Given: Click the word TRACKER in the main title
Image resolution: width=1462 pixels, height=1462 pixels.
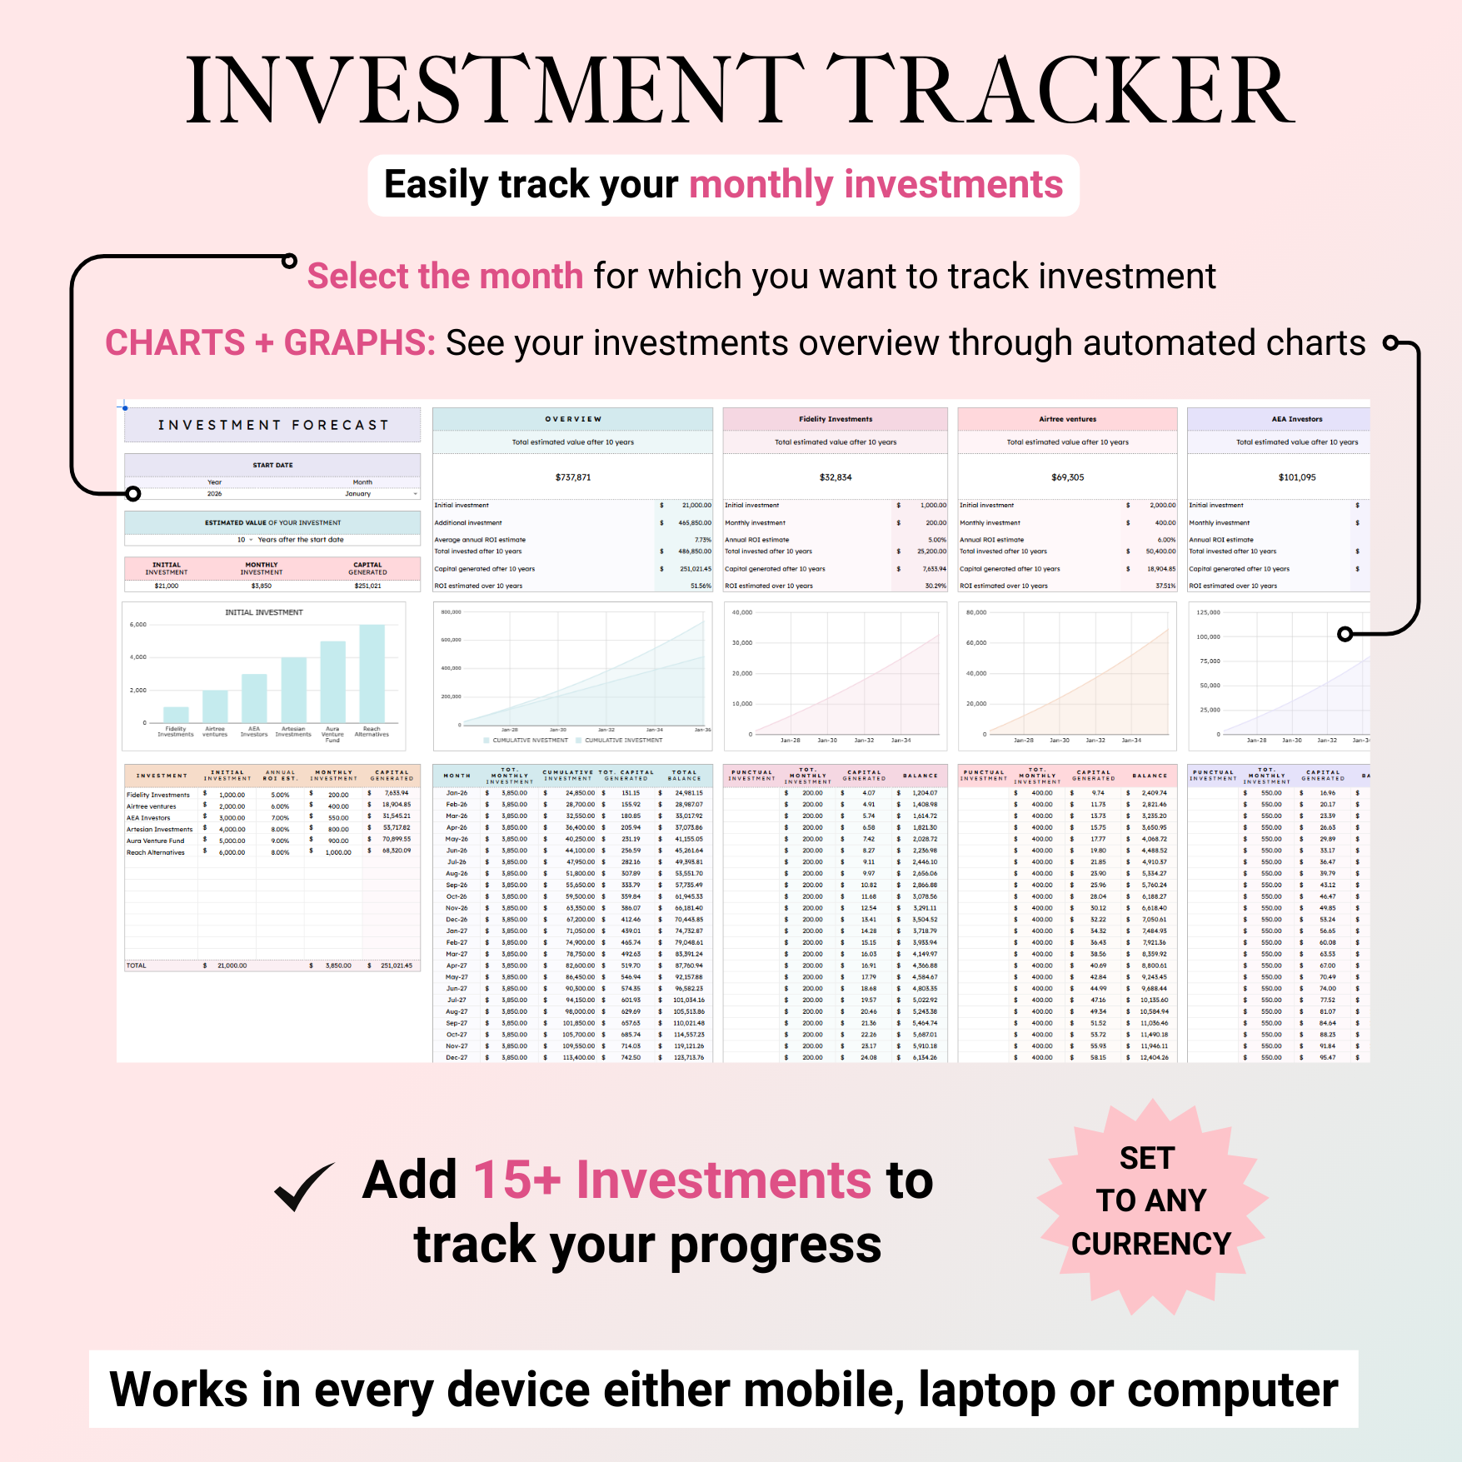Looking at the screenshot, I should pyautogui.click(x=1058, y=90).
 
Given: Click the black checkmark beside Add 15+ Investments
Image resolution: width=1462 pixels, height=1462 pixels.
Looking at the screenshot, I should pyautogui.click(x=303, y=1186).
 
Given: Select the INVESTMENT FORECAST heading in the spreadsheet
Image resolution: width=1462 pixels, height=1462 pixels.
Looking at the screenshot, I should pyautogui.click(x=273, y=425).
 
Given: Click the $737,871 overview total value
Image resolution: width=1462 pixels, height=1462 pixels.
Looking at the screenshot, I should pyautogui.click(x=573, y=477).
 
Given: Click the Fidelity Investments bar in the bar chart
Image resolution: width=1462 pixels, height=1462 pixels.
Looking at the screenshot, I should pyautogui.click(x=176, y=714).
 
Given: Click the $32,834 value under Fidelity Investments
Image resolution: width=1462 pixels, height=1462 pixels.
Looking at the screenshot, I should pyautogui.click(x=836, y=477).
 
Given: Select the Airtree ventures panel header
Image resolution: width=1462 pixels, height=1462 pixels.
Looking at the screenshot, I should pyautogui.click(x=1067, y=419).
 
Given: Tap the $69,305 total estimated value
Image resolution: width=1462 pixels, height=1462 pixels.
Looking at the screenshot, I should pyautogui.click(x=1067, y=477).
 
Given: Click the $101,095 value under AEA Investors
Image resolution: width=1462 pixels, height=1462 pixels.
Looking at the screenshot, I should pyautogui.click(x=1296, y=477).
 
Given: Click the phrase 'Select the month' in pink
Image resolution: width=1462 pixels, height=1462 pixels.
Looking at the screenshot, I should pyautogui.click(x=445, y=277).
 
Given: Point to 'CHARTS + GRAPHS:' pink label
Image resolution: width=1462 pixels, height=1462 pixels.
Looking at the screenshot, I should pyautogui.click(x=270, y=343).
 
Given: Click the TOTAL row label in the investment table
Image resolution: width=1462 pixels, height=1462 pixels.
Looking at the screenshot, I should pyautogui.click(x=137, y=966).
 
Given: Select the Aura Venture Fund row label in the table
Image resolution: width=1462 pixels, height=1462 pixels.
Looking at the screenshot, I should pyautogui.click(x=156, y=841).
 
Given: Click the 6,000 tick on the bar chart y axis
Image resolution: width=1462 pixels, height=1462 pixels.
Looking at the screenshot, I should pyautogui.click(x=138, y=625).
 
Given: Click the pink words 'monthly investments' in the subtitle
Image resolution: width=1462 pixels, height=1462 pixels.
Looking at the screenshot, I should pyautogui.click(x=876, y=185).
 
